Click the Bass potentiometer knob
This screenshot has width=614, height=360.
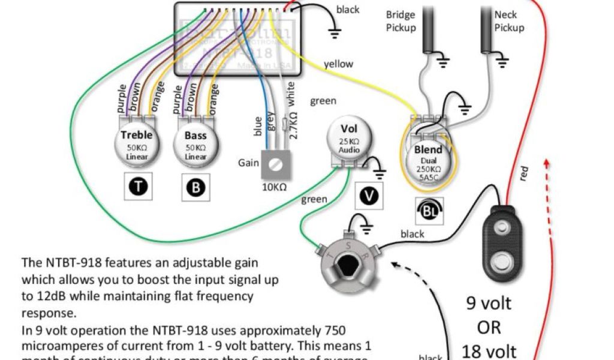pos(195,145)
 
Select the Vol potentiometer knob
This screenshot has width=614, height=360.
pos(348,139)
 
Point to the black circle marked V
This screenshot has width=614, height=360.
pos(365,196)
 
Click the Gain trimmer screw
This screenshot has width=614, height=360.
pos(275,164)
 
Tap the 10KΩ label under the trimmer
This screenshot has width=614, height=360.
pos(274,187)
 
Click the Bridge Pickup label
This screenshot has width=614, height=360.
pos(401,21)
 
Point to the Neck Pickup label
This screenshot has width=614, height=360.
pos(509,21)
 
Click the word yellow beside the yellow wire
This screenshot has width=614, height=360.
pos(338,64)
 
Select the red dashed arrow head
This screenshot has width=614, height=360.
pos(547,162)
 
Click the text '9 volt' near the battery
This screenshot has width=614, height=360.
pos(489,303)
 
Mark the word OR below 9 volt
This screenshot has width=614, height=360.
pos(489,328)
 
